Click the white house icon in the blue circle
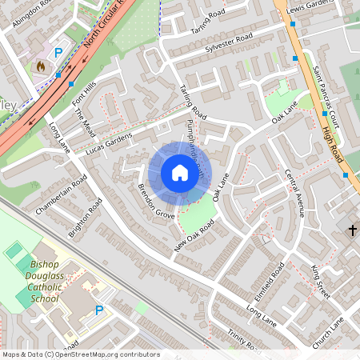(180, 172)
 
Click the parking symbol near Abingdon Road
(58, 54)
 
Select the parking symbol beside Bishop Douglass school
(99, 310)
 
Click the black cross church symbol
(352, 230)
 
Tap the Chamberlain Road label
(61, 195)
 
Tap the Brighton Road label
(86, 218)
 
